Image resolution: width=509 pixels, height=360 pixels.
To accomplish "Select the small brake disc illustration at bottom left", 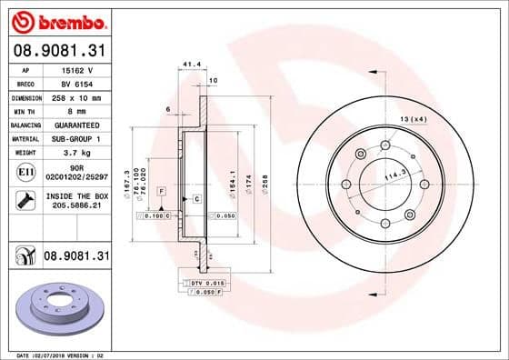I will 56,309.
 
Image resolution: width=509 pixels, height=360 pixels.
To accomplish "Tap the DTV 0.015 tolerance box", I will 206,285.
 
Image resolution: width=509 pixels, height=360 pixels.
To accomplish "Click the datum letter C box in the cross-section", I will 196,197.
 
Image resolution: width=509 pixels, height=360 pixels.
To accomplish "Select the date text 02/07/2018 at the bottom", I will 59,354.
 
